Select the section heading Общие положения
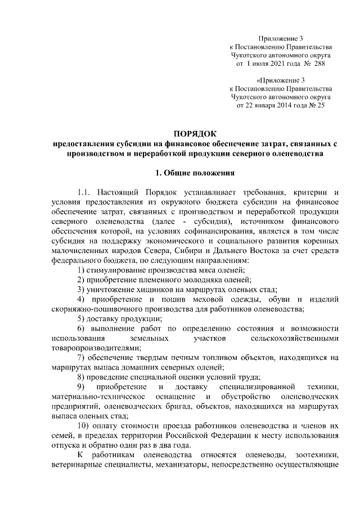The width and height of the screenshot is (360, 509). pyautogui.click(x=199, y=171)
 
